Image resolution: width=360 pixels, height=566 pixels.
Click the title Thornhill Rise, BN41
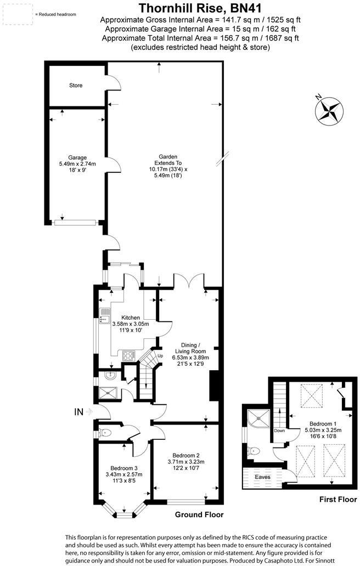[x=200, y=8]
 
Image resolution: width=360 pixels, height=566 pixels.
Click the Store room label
[x=76, y=86]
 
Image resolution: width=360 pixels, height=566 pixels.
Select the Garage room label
[x=77, y=157]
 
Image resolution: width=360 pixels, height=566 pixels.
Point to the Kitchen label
[x=131, y=318]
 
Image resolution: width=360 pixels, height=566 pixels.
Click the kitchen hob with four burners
[x=128, y=355]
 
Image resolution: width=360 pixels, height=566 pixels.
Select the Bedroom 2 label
[x=185, y=455]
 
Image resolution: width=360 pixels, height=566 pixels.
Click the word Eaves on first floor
[x=263, y=477]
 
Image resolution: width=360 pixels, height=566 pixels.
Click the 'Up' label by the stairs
[x=160, y=356]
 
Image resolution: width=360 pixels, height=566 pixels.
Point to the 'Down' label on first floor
[x=280, y=431]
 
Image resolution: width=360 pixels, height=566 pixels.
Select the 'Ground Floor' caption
[x=199, y=514]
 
